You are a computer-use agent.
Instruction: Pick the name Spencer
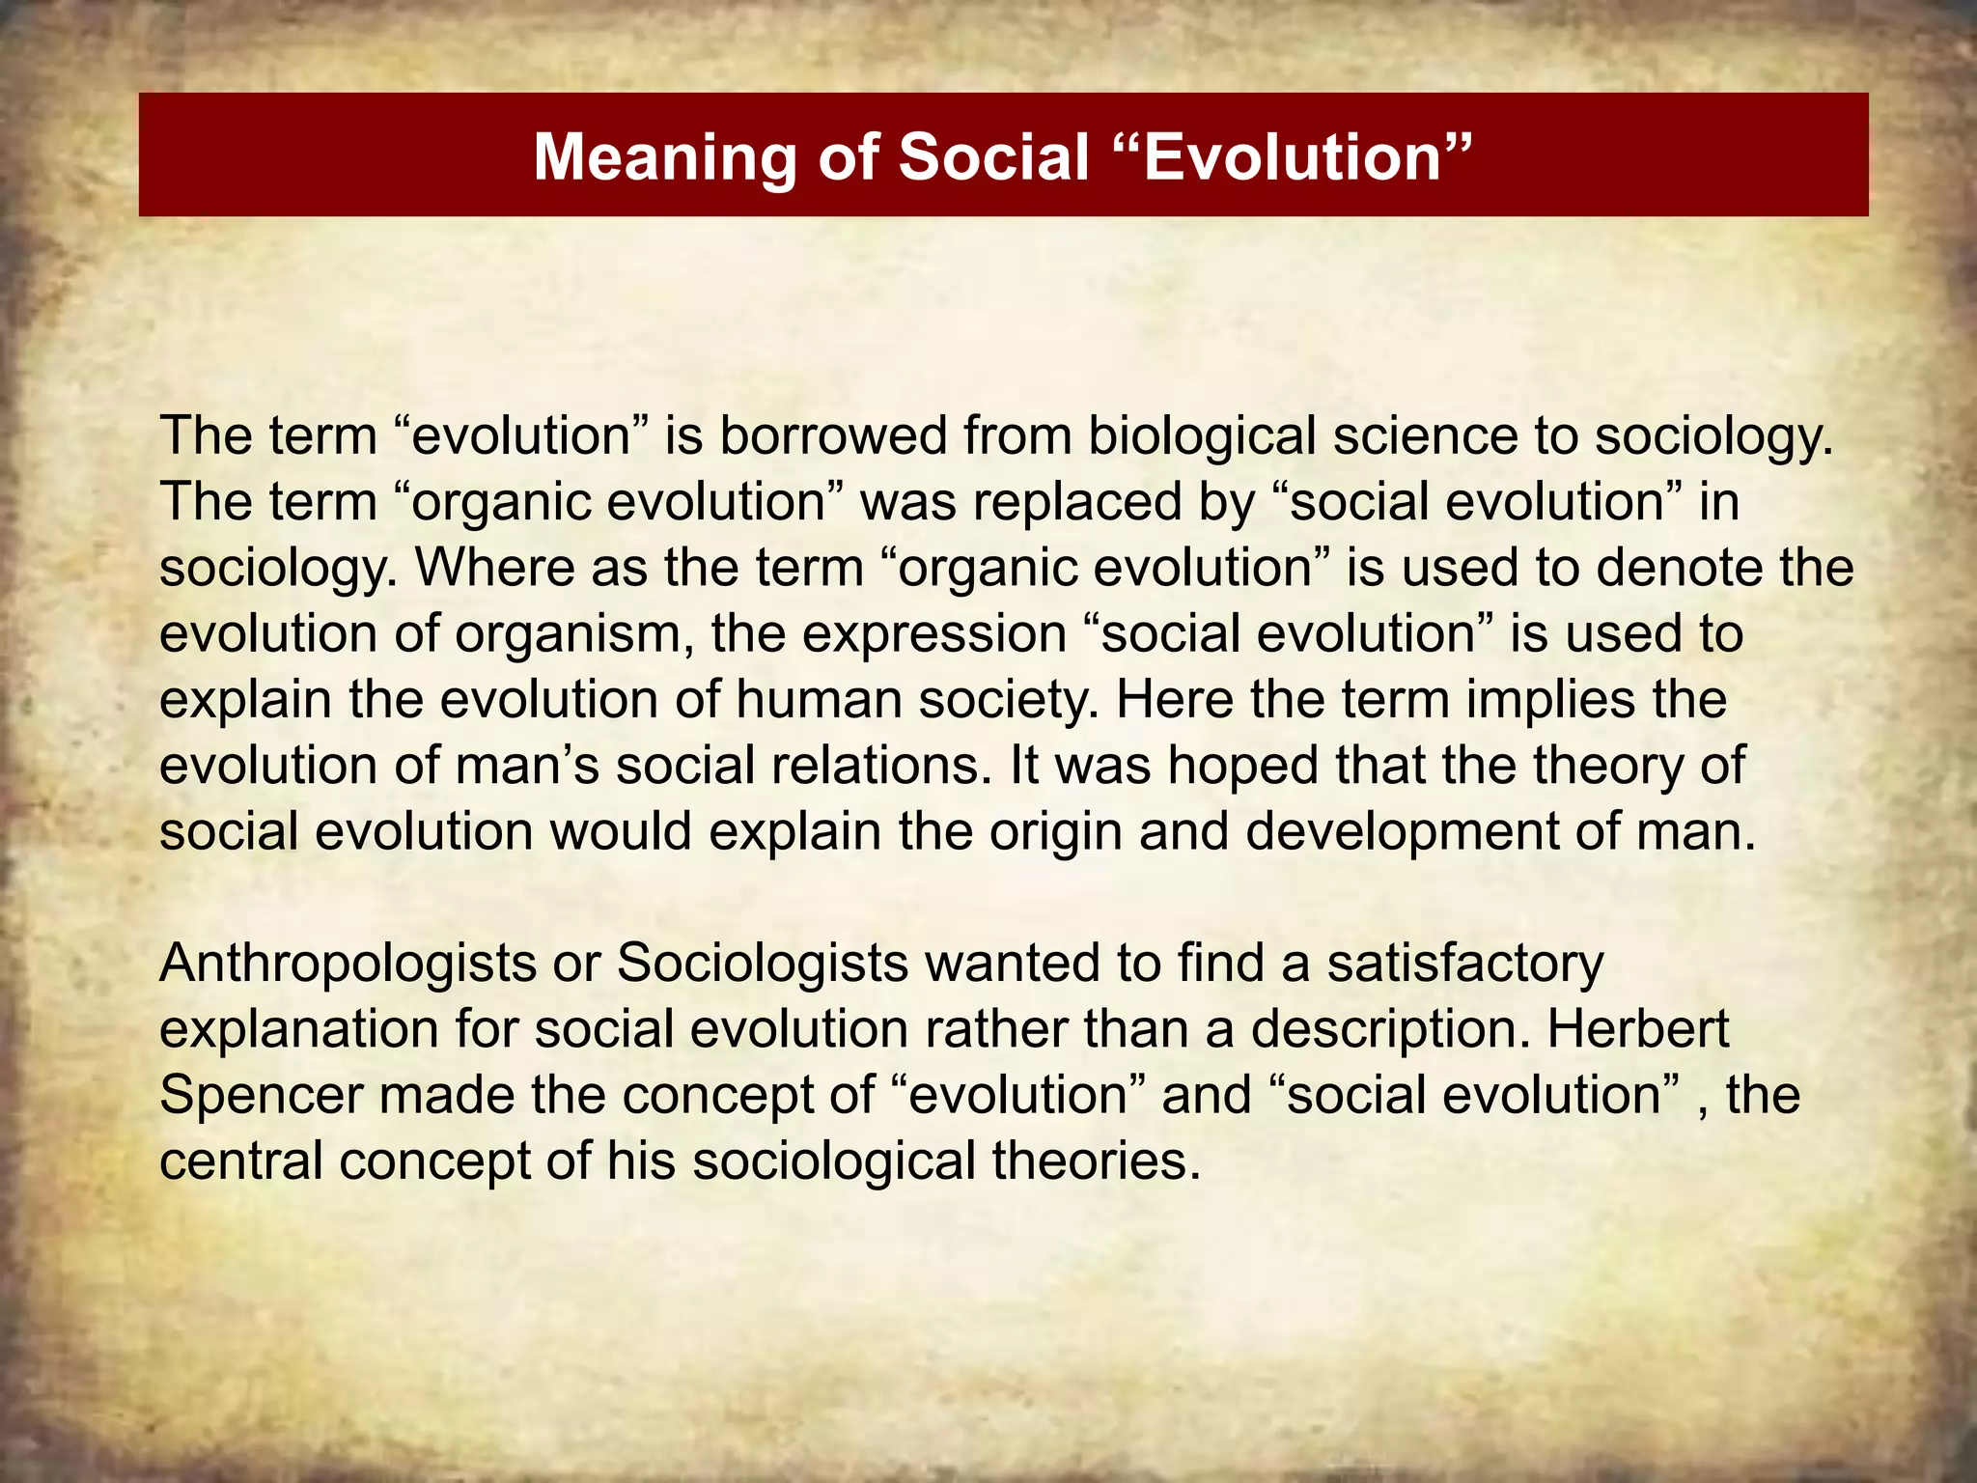tap(262, 1095)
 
